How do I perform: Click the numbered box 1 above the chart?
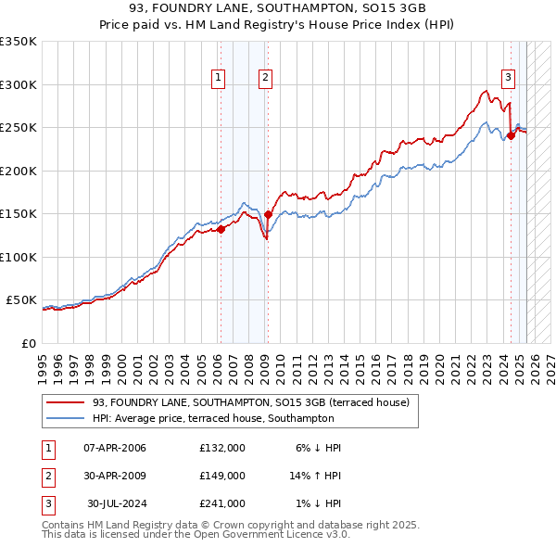click(219, 78)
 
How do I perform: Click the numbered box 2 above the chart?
click(265, 78)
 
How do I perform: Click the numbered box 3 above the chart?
click(509, 78)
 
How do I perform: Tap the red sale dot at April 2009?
click(268, 214)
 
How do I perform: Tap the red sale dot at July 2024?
click(511, 135)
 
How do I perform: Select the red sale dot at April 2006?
click(221, 229)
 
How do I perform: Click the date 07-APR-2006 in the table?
click(115, 448)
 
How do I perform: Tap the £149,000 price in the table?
click(222, 476)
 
